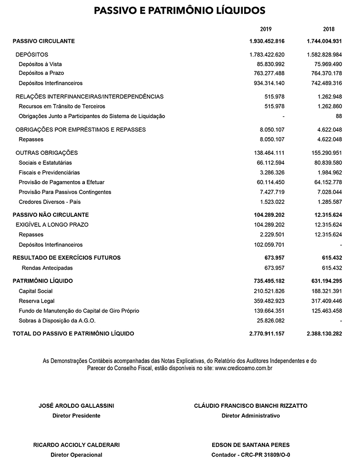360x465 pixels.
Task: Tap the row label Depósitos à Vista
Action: click(40, 64)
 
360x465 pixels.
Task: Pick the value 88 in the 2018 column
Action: click(339, 116)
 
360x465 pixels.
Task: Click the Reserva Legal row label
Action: click(37, 301)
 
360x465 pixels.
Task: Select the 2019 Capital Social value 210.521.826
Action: click(269, 291)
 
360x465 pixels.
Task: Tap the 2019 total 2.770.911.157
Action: click(267, 334)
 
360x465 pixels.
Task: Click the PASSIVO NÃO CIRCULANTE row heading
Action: click(51, 215)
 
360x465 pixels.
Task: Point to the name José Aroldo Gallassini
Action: click(76, 406)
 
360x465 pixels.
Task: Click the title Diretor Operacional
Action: click(76, 455)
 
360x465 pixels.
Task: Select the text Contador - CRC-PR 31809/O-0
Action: click(251, 455)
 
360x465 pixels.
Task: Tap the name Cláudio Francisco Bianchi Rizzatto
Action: click(251, 406)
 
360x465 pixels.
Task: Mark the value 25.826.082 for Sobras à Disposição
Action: click(270, 321)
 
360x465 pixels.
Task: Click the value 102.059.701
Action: click(269, 245)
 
